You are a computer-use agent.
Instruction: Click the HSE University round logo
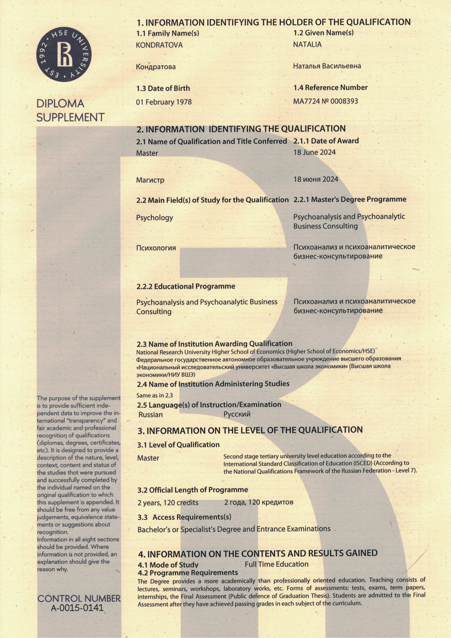point(64,55)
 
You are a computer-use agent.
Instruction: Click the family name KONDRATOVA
point(159,45)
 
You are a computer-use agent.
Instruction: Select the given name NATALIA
point(307,45)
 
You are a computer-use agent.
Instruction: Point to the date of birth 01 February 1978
point(164,102)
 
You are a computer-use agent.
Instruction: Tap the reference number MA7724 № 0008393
point(325,101)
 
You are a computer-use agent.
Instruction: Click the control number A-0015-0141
point(77,608)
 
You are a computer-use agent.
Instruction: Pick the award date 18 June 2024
point(314,152)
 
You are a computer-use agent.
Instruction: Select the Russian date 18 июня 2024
point(316,179)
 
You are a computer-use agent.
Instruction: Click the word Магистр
point(150,180)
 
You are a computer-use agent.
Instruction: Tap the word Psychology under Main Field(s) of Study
point(154,218)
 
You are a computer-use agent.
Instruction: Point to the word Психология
point(156,248)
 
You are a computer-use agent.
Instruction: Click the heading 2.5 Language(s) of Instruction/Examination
point(209,405)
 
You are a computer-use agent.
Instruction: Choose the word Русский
point(237,414)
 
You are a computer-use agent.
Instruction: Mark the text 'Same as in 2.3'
point(155,395)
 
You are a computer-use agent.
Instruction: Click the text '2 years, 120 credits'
point(168,503)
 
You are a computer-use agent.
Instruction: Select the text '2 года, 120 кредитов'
point(259,502)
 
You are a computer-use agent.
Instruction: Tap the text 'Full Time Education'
point(276,564)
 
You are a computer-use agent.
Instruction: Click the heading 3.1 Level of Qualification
point(178,445)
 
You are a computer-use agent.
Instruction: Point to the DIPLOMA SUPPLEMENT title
point(70,111)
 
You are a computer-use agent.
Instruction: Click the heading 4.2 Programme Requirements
point(188,573)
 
